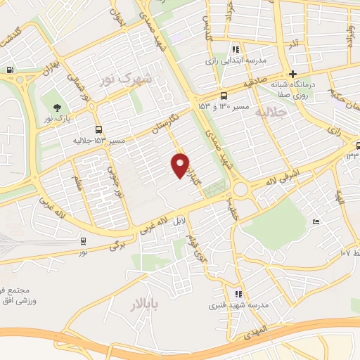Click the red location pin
pyautogui.click(x=181, y=165)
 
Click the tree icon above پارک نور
pyautogui.click(x=56, y=108)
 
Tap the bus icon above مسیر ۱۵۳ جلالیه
pyautogui.click(x=99, y=130)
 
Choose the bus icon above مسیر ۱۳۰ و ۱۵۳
pyautogui.click(x=224, y=95)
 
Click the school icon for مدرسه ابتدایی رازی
pyautogui.click(x=236, y=49)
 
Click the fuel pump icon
pyautogui.click(x=10, y=70)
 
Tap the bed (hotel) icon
pyautogui.click(x=316, y=222)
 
